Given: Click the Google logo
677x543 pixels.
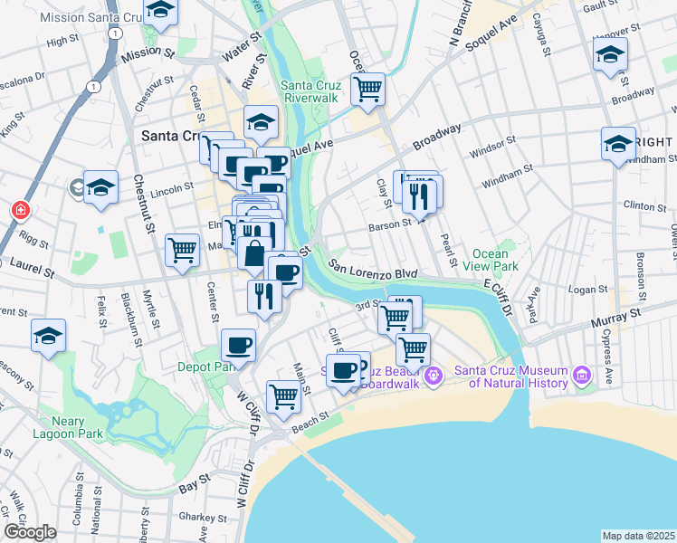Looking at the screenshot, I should (30, 532).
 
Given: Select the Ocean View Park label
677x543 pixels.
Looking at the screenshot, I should (495, 261).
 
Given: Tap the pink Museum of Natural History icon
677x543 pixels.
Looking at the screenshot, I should (581, 374).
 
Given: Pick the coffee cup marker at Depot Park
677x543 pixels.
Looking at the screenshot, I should (239, 344).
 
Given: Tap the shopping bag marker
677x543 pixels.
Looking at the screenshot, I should (255, 252).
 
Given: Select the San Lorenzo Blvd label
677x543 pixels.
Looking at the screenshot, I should (372, 270).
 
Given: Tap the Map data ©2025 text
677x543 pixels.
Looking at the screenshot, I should (638, 536).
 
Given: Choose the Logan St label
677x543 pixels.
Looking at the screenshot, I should (588, 290).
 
